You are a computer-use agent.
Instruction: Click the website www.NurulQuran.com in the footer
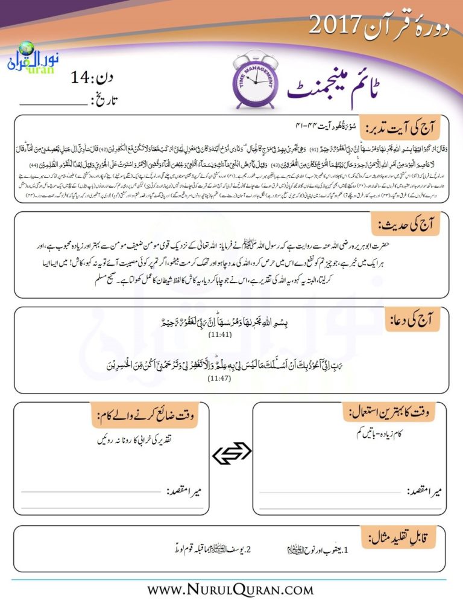(231, 588)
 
